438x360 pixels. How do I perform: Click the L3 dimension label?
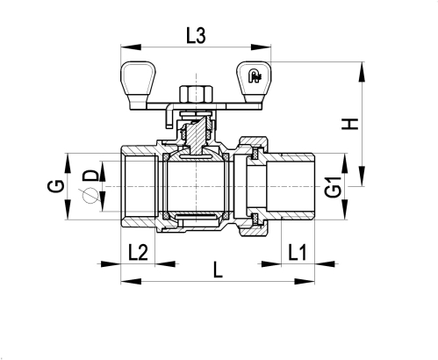pyautogui.click(x=196, y=36)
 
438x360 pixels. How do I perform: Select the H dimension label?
pyautogui.click(x=350, y=124)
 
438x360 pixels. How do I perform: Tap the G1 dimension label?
pyautogui.click(x=334, y=187)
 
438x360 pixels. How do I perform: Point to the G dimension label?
pyautogui.click(x=56, y=186)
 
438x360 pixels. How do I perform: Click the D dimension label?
pyautogui.click(x=90, y=176)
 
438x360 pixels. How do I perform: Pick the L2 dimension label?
pyautogui.click(x=138, y=253)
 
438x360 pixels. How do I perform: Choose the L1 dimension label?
pyautogui.click(x=298, y=253)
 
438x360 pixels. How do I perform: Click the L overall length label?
pyautogui.click(x=218, y=270)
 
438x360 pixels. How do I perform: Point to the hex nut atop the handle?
pyautogui.click(x=196, y=94)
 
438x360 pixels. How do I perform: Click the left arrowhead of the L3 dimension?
pyautogui.click(x=131, y=47)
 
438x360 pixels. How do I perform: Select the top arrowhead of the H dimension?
pyautogui.click(x=362, y=72)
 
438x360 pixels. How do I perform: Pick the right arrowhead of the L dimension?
pyautogui.click(x=305, y=282)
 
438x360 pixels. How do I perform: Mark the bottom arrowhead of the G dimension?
pyautogui.click(x=68, y=209)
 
